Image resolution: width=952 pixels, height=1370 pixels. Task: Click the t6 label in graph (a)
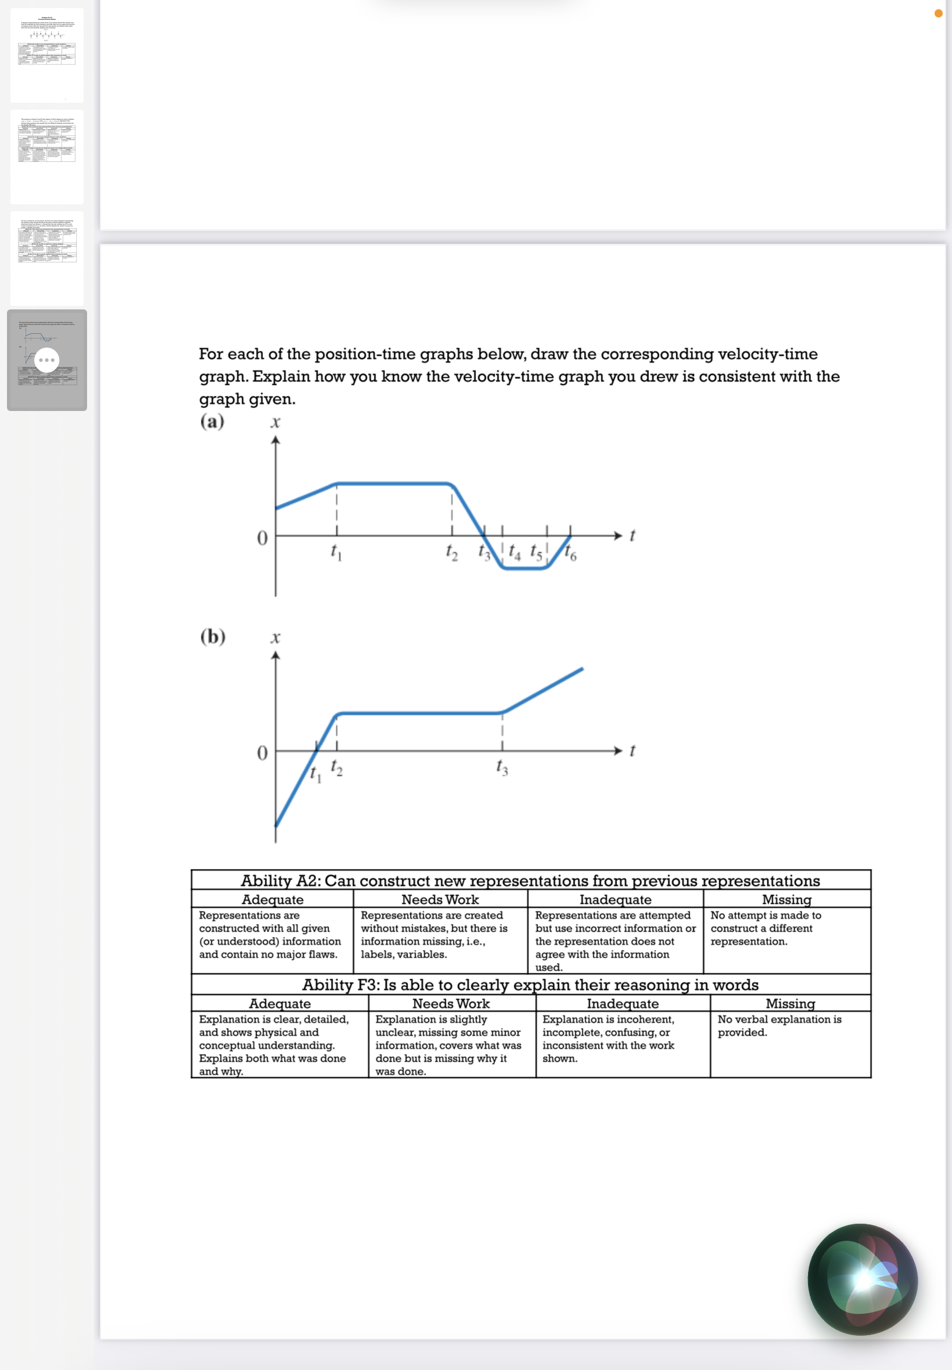[x=571, y=553]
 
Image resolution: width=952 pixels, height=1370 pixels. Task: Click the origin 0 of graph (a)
[x=262, y=538]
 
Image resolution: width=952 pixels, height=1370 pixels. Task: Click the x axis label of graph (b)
[x=275, y=637]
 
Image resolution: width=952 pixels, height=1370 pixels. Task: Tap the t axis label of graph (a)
[x=632, y=536]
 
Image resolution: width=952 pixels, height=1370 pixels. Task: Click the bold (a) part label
[x=212, y=421]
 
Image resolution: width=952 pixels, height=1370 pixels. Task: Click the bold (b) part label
[x=213, y=636]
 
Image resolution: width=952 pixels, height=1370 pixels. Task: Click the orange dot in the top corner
[x=938, y=13]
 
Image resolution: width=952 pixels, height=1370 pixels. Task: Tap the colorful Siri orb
[x=863, y=1279]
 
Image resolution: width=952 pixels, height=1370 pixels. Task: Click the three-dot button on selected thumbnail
[x=46, y=360]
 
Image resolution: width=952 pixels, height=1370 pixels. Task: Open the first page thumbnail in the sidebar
[x=46, y=55]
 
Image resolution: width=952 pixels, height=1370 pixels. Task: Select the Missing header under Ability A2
[x=786, y=899]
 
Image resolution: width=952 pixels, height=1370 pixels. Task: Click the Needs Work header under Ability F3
[x=451, y=1003]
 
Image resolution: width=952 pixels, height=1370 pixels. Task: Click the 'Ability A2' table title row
[x=531, y=880]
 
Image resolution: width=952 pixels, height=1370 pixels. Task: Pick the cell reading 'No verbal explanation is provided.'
[x=779, y=1025]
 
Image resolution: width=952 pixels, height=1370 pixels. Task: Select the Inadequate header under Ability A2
[x=615, y=899]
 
